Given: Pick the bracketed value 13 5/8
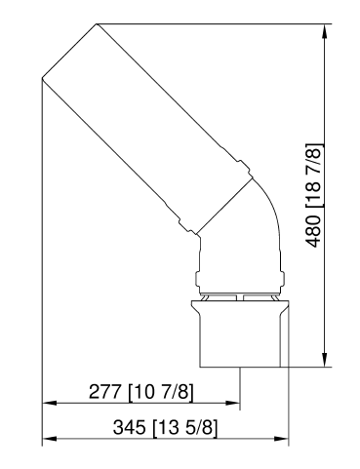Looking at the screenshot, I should pyautogui.click(x=184, y=428).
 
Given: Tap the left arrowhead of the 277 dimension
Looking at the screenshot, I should pyautogui.click(x=48, y=402).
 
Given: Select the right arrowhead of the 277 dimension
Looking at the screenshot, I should pyautogui.click(x=233, y=402).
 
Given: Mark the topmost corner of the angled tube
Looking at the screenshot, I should pyautogui.click(x=96, y=23).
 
